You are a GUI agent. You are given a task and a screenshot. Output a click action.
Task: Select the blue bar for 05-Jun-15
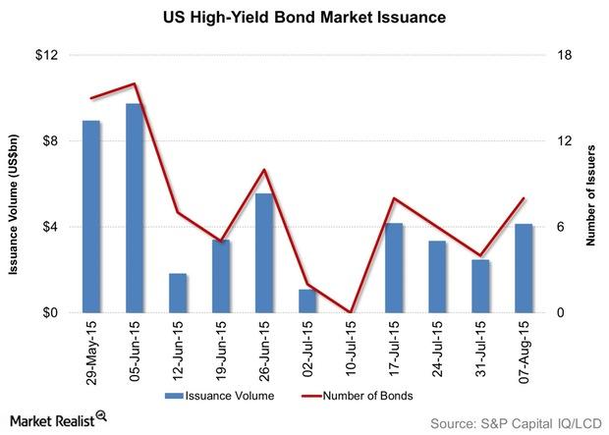click(135, 208)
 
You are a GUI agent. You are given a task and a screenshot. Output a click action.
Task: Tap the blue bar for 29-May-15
click(91, 217)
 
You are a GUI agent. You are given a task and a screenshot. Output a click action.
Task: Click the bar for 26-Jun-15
click(264, 252)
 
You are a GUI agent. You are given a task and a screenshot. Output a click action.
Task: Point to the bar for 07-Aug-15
click(524, 268)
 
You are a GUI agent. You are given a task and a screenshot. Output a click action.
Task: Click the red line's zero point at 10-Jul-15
click(351, 312)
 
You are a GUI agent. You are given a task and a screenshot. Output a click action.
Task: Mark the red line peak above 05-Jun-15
click(135, 84)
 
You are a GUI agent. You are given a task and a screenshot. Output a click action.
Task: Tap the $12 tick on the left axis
click(45, 55)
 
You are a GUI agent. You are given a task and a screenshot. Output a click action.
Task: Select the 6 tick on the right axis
click(563, 227)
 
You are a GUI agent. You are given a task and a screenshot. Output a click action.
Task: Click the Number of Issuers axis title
click(592, 184)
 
